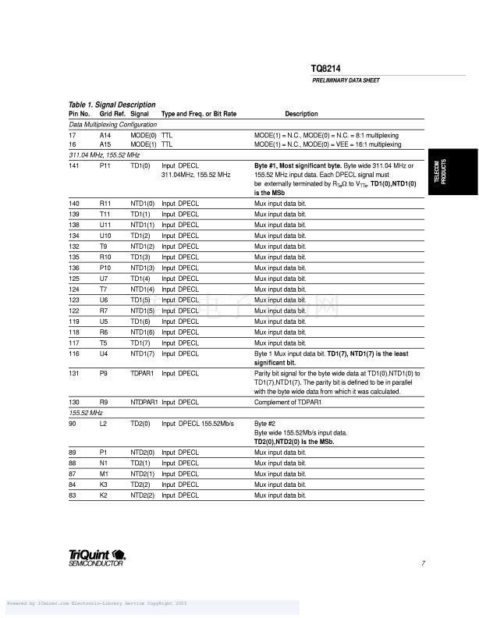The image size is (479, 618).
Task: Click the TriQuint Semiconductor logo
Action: click(98, 557)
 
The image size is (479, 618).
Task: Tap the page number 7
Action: click(422, 563)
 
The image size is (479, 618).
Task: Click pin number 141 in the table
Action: click(74, 166)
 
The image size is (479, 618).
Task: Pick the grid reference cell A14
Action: click(105, 135)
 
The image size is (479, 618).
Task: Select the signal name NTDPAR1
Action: click(144, 402)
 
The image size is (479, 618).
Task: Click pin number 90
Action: click(72, 422)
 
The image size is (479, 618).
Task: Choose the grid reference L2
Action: click(104, 422)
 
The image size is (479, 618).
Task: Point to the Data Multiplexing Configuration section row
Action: click(113, 124)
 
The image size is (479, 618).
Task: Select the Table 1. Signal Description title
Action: click(112, 105)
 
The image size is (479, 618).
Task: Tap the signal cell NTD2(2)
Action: click(144, 495)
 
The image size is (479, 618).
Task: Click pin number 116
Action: click(74, 353)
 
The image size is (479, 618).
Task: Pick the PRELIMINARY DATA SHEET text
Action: click(346, 81)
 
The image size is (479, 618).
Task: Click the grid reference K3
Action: click(105, 484)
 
